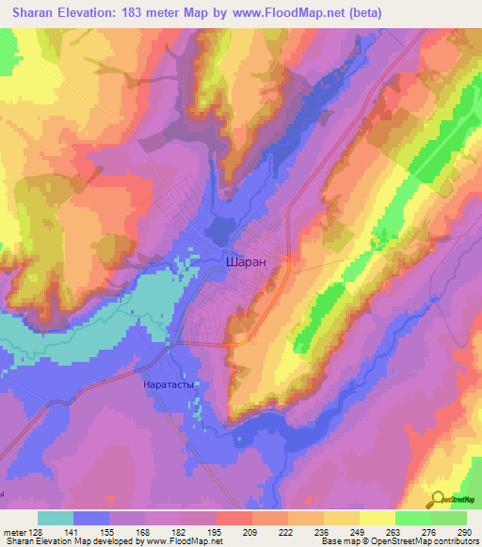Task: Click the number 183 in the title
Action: point(141,12)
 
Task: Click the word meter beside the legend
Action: point(15,531)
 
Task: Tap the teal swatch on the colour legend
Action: point(56,518)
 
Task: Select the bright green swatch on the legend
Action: point(412,518)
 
